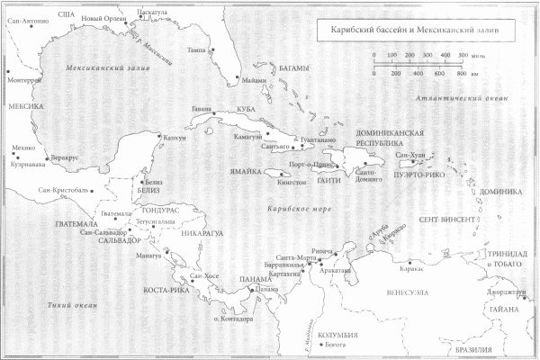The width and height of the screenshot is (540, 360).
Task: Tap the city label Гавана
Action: (202, 110)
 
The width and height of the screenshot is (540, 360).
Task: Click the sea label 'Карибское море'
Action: (294, 210)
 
